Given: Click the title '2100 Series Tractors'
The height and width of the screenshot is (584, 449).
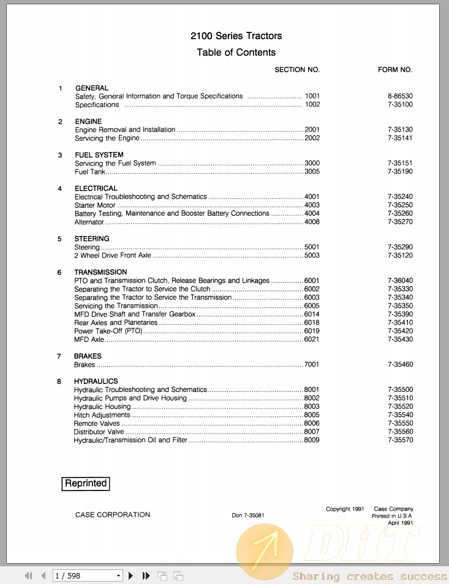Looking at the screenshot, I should [x=236, y=36].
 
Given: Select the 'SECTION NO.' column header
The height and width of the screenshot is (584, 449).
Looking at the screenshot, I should [x=297, y=70].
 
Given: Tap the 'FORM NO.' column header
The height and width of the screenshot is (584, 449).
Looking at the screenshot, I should [x=395, y=70].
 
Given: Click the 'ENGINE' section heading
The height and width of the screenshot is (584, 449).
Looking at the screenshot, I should [x=88, y=122].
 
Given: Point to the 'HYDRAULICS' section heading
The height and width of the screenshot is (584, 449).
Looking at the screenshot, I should [x=96, y=382].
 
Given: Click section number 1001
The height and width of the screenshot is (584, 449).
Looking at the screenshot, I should [x=312, y=96].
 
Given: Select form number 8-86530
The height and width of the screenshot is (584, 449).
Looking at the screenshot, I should [x=400, y=96].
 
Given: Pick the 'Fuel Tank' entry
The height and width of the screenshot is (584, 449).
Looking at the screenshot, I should [x=90, y=172].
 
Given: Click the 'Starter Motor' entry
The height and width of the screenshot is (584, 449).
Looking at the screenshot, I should [x=95, y=205].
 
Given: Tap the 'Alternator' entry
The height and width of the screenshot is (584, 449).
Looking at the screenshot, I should [x=89, y=223].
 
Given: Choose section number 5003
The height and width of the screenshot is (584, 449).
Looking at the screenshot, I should [x=312, y=256].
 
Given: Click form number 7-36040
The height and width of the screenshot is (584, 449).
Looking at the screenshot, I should [x=400, y=281].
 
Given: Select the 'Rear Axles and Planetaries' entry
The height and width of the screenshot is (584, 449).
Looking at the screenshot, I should [x=116, y=322].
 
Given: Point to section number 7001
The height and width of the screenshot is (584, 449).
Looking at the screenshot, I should [x=312, y=364].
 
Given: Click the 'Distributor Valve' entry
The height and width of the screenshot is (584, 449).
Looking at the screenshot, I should [x=99, y=432].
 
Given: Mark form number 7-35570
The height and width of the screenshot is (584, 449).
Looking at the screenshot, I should [x=400, y=440].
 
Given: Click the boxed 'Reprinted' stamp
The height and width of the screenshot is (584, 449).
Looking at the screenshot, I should [x=86, y=483].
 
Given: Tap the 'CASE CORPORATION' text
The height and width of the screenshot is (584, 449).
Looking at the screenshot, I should [x=112, y=515].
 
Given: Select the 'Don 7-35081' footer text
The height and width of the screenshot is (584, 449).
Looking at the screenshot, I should [x=247, y=516].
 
